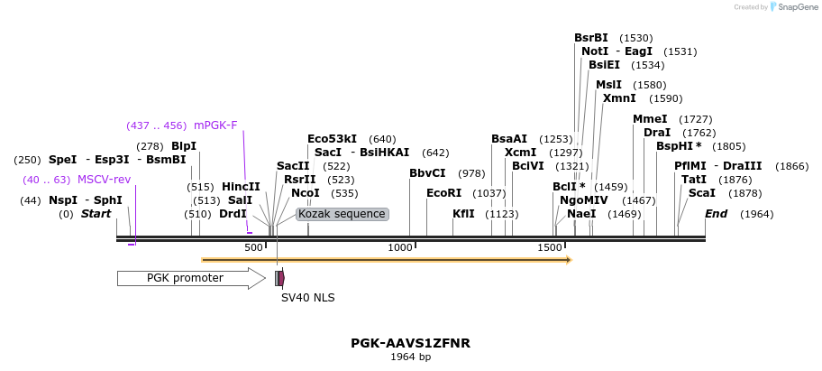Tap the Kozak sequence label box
point(342,214)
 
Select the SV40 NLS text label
point(301,296)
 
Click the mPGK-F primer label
point(215,125)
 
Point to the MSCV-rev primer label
point(104,180)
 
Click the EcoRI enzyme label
point(443,193)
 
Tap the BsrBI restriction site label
point(591,38)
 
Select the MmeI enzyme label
point(650,119)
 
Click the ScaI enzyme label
point(702,193)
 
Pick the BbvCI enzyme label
point(427,173)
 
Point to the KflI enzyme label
point(463,214)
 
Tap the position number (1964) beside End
point(757,214)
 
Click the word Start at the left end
point(96,214)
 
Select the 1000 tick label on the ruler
point(400,247)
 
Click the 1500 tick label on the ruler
point(550,247)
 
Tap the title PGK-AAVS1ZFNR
point(410,344)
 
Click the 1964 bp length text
point(410,357)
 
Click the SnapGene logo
point(793,7)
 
